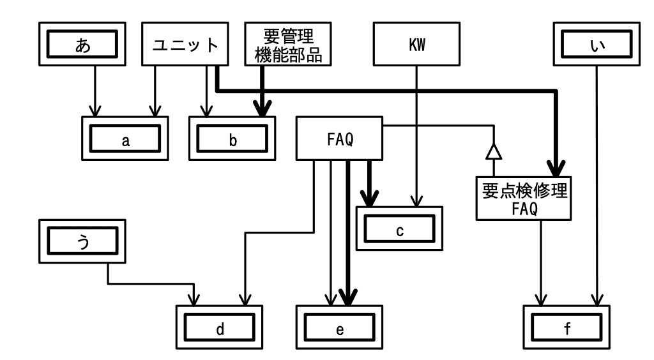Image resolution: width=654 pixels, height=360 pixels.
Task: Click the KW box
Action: pyautogui.click(x=416, y=45)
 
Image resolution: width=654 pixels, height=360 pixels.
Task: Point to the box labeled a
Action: pyautogui.click(x=126, y=139)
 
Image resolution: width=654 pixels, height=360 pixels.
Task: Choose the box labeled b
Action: pyautogui.click(x=233, y=139)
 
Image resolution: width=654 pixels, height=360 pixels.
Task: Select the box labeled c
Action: pyautogui.click(x=399, y=228)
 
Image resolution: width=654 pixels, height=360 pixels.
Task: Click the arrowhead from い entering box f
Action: pyautogui.click(x=596, y=299)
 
